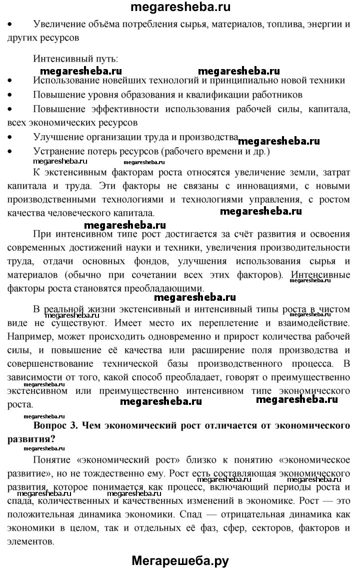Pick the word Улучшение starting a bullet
pos(56,137)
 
